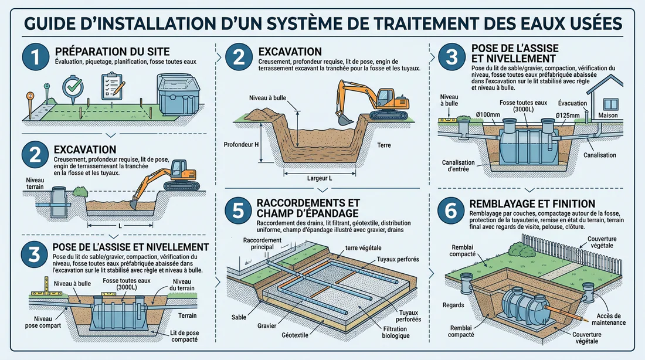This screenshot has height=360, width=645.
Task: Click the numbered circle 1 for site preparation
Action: click(36, 57)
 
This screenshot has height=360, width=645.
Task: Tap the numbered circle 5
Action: click(239, 210)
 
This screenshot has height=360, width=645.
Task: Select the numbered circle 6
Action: click(451, 210)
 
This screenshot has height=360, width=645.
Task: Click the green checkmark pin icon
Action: click(73, 89)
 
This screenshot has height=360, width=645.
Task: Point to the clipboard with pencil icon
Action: click(113, 86)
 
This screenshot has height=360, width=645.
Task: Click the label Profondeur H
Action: click(242, 144)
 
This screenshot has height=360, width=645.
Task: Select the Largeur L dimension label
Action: click(319, 178)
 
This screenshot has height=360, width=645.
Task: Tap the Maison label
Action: click(608, 115)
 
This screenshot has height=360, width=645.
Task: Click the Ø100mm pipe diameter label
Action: click(488, 114)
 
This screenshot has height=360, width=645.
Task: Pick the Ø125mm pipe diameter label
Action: click(568, 116)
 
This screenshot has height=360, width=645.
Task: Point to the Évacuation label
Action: click(573, 103)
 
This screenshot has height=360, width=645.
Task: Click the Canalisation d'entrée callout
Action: click(459, 166)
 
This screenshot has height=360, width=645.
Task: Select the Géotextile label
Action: click(295, 335)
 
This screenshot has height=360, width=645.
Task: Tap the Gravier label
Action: click(267, 325)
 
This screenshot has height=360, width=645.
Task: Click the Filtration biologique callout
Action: click(395, 332)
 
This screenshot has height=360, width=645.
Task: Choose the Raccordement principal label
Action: click(263, 243)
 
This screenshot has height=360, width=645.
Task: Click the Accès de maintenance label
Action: click(609, 320)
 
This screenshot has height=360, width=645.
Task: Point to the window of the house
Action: click(611, 104)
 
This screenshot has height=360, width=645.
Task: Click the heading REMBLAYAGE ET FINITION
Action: click(532, 203)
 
